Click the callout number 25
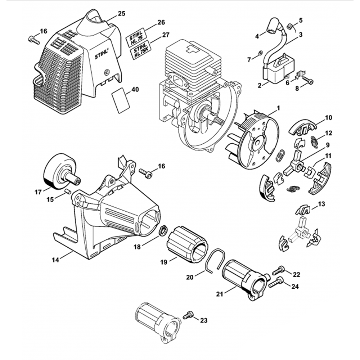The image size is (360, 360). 121,14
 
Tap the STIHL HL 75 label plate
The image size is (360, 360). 136,37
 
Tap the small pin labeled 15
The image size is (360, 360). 67,191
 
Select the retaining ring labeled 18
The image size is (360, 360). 163,229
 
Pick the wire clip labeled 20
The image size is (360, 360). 216,260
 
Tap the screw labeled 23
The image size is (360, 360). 187,315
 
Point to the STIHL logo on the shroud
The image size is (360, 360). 103,54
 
